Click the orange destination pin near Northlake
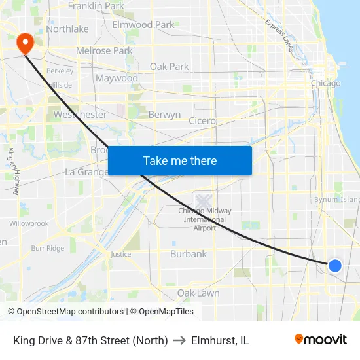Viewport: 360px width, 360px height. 25,43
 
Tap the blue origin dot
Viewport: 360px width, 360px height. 334,265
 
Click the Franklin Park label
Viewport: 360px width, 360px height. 96,6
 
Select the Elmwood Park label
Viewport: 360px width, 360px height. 143,25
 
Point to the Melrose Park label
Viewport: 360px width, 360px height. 104,50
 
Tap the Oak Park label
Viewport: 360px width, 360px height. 169,66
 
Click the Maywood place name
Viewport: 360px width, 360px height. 117,79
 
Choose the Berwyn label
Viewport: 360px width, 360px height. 164,115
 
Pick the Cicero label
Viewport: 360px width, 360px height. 202,121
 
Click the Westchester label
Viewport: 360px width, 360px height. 80,115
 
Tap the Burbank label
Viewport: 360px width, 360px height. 188,254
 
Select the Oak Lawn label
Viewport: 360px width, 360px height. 198,293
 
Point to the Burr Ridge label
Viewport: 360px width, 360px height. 47,249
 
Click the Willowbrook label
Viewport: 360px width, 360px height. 29,223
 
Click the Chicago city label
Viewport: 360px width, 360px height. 325,84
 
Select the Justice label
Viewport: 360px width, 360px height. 120,254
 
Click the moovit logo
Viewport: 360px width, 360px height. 320,340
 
